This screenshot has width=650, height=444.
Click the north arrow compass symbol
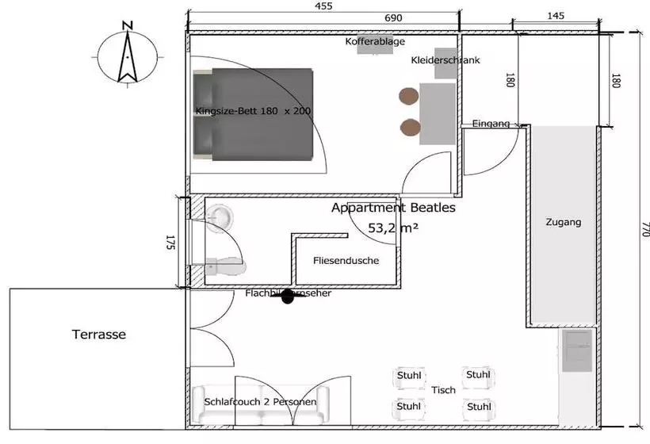[125, 52]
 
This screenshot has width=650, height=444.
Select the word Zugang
[563, 223]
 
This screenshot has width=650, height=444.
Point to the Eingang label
[491, 124]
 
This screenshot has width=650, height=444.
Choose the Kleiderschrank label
[445, 60]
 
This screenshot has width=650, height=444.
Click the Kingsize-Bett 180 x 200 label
[253, 112]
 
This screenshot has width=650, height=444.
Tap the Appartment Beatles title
[393, 209]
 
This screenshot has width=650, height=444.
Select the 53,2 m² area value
[393, 228]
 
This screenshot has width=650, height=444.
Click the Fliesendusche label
[346, 260]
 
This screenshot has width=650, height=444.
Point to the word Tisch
[443, 390]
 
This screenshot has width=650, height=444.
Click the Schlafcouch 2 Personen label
[261, 402]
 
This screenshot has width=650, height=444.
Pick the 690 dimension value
[394, 17]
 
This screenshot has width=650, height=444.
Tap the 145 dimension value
[556, 17]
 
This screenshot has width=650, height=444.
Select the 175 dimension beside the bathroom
[170, 243]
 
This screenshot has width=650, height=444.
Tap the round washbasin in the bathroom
[221, 215]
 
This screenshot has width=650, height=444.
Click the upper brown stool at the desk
[408, 96]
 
